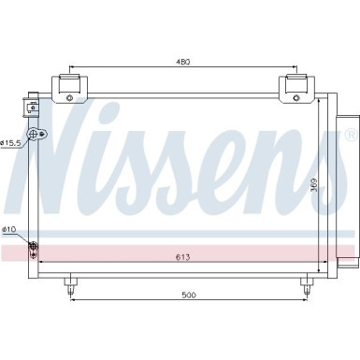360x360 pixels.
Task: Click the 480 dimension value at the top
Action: point(183,62)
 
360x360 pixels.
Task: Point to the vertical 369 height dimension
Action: point(314,186)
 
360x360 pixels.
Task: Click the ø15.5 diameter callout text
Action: point(12,142)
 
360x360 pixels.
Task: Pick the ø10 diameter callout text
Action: point(8,228)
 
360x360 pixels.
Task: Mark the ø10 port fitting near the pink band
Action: point(34,247)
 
